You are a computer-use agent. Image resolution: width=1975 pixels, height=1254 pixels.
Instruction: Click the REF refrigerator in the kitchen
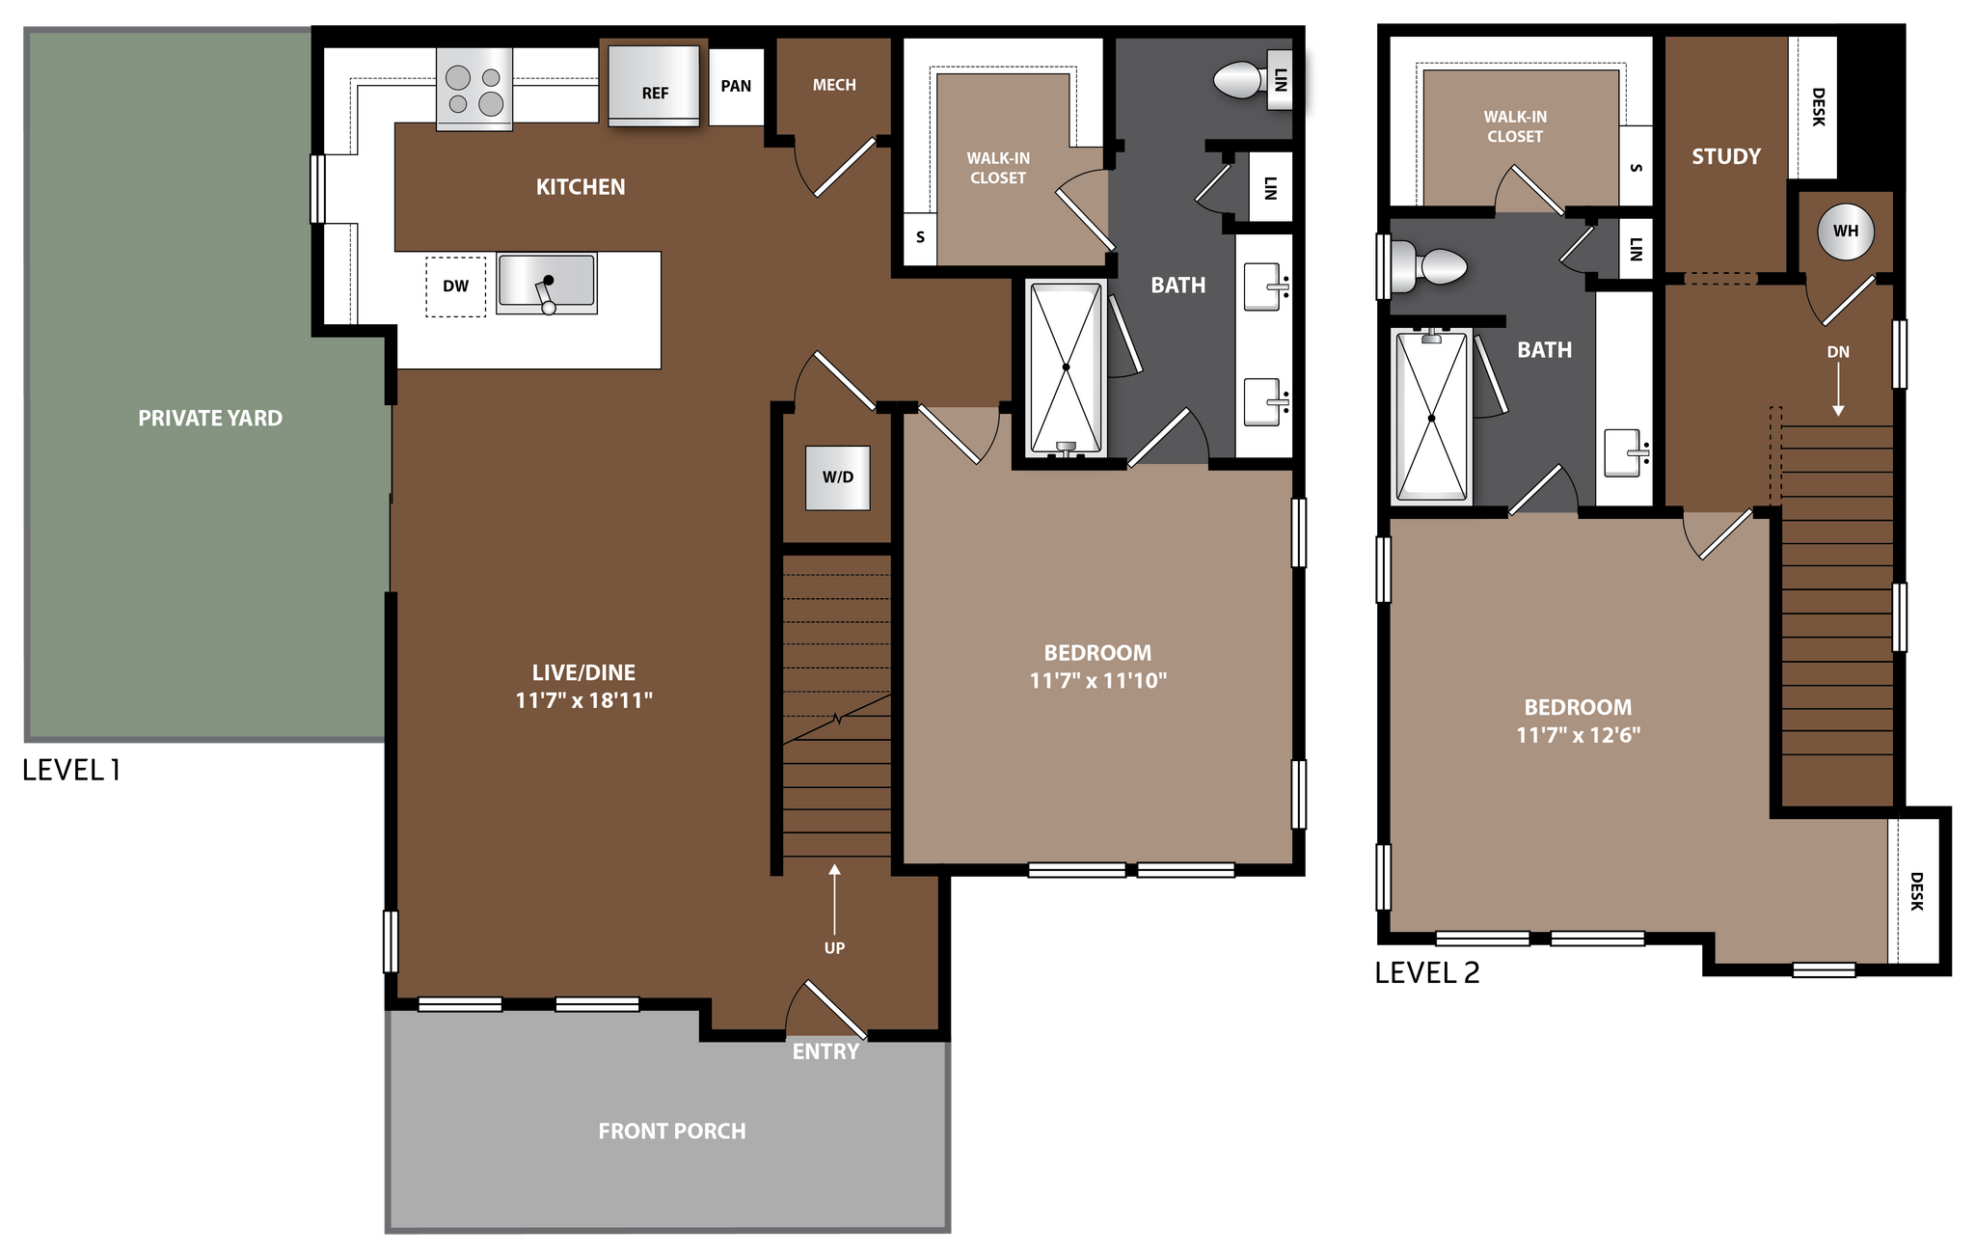pos(654,85)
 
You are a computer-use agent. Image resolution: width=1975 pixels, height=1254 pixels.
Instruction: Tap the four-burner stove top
pos(474,90)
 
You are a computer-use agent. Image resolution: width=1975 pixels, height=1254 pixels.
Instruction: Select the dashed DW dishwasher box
pos(455,286)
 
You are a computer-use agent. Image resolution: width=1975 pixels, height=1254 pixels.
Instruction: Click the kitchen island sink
pos(547,283)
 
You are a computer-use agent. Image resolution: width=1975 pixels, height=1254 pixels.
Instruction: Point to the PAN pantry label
pos(736,86)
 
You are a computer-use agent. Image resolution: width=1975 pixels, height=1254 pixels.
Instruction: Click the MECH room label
pos(834,85)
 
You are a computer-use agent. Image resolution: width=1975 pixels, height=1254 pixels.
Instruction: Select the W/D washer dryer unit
pos(838,477)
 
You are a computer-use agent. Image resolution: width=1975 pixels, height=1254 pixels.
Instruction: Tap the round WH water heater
pos(1845,232)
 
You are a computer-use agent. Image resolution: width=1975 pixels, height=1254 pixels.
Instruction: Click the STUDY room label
pos(1726,156)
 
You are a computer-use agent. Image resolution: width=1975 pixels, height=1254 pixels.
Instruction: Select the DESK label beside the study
pos(1818,106)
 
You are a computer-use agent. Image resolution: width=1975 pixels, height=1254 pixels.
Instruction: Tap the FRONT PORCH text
pos(672,1131)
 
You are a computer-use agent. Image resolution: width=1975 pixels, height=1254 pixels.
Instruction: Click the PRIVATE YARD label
pos(210,418)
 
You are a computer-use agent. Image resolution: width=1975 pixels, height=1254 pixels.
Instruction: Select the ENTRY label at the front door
pos(825,1051)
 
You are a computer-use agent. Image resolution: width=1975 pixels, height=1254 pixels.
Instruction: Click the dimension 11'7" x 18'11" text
pos(584,700)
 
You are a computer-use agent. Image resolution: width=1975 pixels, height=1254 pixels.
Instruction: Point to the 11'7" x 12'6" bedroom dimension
pos(1579,735)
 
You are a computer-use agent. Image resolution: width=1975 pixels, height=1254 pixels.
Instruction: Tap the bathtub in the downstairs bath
pos(1066,368)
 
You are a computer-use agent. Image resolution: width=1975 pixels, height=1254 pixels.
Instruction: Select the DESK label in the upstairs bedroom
pos(1916,890)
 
